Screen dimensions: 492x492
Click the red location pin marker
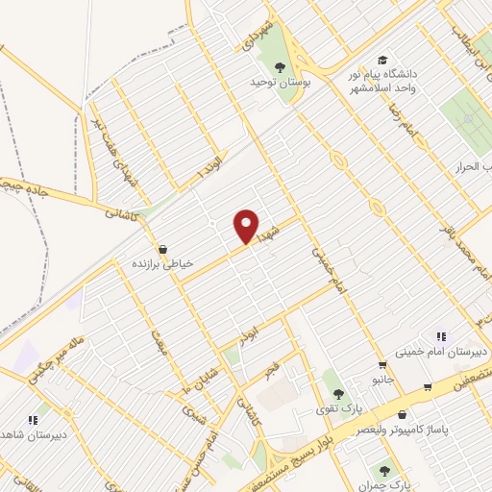(x=247, y=227)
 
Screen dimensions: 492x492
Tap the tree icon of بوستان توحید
(x=280, y=67)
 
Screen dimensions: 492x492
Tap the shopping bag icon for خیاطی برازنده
(x=162, y=249)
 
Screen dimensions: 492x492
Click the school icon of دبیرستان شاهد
(x=33, y=420)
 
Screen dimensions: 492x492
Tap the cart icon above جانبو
(x=383, y=364)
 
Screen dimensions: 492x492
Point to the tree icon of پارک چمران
(x=385, y=471)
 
